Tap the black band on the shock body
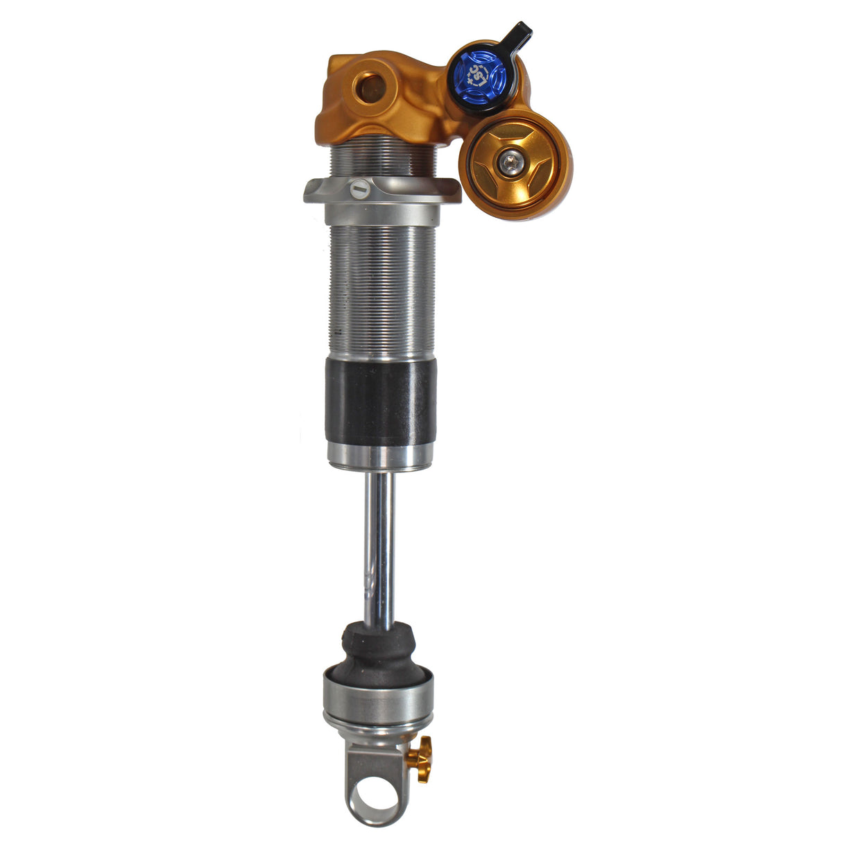(x=381, y=402)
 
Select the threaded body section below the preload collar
(x=381, y=291)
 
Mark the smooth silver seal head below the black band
(x=380, y=455)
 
